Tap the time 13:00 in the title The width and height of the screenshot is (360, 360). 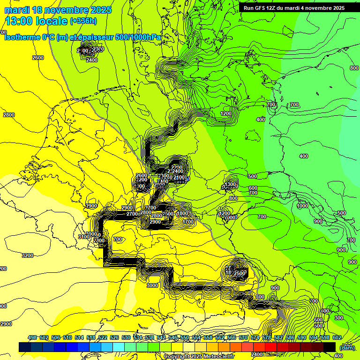[19, 21]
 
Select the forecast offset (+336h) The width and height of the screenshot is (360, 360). [83, 21]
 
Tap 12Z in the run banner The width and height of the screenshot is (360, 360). [275, 8]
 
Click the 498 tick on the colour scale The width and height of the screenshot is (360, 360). [32, 337]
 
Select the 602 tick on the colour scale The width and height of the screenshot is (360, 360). [337, 337]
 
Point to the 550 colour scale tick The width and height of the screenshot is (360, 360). [185, 337]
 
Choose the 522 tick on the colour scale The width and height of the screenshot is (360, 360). [103, 337]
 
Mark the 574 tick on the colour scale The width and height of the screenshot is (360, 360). [255, 337]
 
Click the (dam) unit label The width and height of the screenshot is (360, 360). [347, 347]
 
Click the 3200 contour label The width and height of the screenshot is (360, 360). [28, 255]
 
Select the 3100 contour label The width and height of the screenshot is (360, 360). [83, 237]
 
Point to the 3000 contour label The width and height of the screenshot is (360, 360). [152, 285]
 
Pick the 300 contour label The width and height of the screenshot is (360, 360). [339, 318]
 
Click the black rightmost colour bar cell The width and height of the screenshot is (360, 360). [330, 347]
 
